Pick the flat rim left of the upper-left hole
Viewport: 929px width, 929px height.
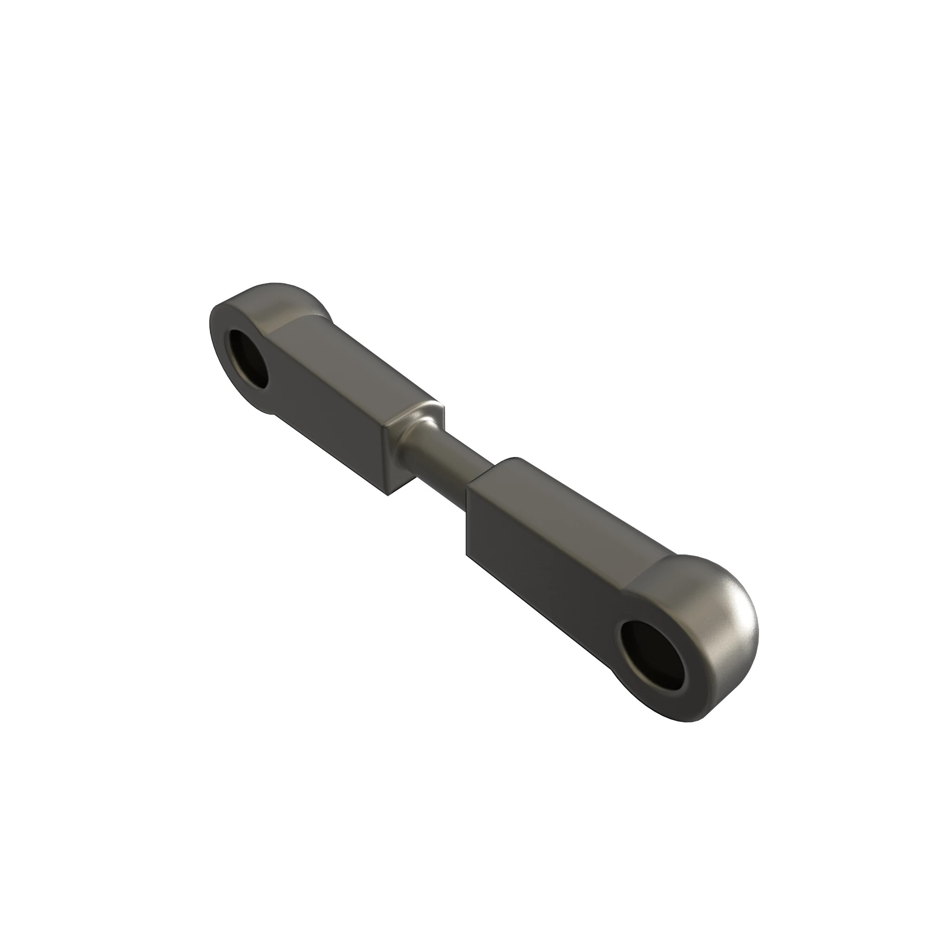(219, 346)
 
